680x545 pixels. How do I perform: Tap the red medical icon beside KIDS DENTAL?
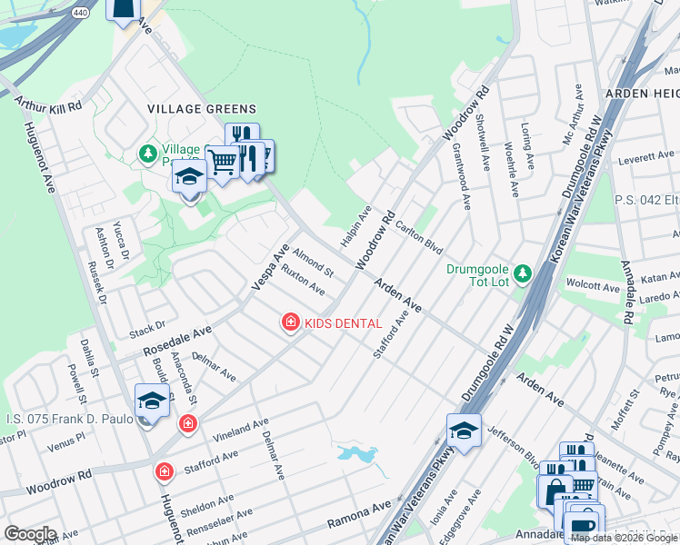click(x=290, y=322)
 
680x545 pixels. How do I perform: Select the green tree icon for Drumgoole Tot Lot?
click(x=522, y=272)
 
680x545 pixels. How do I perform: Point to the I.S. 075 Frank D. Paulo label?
click(x=65, y=419)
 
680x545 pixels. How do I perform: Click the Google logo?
click(x=29, y=534)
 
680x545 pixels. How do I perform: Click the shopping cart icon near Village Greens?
click(x=222, y=162)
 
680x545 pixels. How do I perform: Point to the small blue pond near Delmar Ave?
click(x=358, y=452)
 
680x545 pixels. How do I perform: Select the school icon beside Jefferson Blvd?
click(x=464, y=431)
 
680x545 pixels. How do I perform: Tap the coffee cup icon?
click(x=584, y=525)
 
